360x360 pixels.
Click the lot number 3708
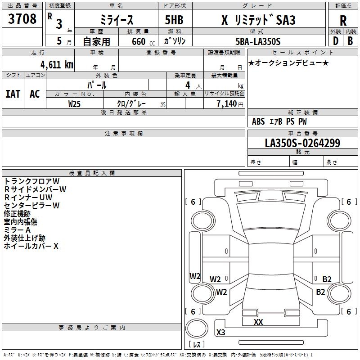click(x=22, y=18)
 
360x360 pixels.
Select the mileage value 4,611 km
click(x=57, y=65)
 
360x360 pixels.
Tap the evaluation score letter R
click(x=343, y=21)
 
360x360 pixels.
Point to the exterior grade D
click(x=335, y=41)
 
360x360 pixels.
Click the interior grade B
click(x=350, y=41)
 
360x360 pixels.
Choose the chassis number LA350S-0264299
click(x=302, y=143)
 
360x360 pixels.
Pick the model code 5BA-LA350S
click(x=258, y=41)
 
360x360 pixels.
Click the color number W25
click(x=74, y=104)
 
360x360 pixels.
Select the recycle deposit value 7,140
click(x=227, y=104)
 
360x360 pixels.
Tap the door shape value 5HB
click(x=174, y=20)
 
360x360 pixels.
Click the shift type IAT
click(x=13, y=94)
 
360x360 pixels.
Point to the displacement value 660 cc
click(x=143, y=41)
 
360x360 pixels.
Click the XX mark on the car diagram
click(x=258, y=322)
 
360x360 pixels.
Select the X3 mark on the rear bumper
click(x=221, y=332)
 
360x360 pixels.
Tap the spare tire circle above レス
click(x=197, y=328)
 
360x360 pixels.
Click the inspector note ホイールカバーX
click(x=31, y=246)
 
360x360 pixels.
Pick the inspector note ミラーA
click(x=17, y=230)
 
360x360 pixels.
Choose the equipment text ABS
click(x=258, y=121)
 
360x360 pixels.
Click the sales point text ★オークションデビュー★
click(x=288, y=63)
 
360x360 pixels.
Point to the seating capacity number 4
click(x=188, y=85)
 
